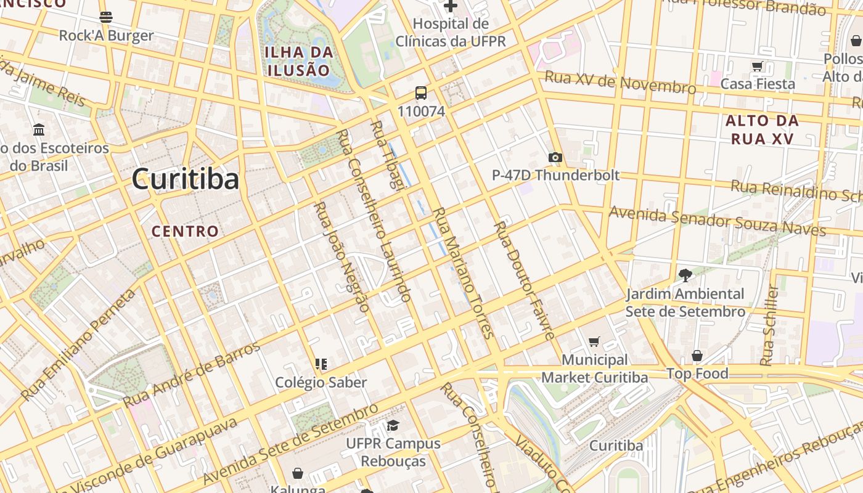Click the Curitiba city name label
point(185,179)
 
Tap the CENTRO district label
point(185,232)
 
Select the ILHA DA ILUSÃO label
point(299,61)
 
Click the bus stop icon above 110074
point(420,93)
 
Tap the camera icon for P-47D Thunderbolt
point(555,158)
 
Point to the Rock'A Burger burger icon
point(106,17)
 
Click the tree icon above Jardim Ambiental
point(684,275)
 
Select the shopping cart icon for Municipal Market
point(594,341)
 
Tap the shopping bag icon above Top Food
point(697,356)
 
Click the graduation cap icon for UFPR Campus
point(393,425)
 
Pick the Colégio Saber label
point(321,382)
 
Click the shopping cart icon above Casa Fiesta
point(757,66)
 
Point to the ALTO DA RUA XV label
point(763,129)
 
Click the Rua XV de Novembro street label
point(620,83)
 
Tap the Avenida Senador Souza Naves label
point(717,221)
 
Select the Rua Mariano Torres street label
point(464,273)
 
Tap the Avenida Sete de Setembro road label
point(290,444)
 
